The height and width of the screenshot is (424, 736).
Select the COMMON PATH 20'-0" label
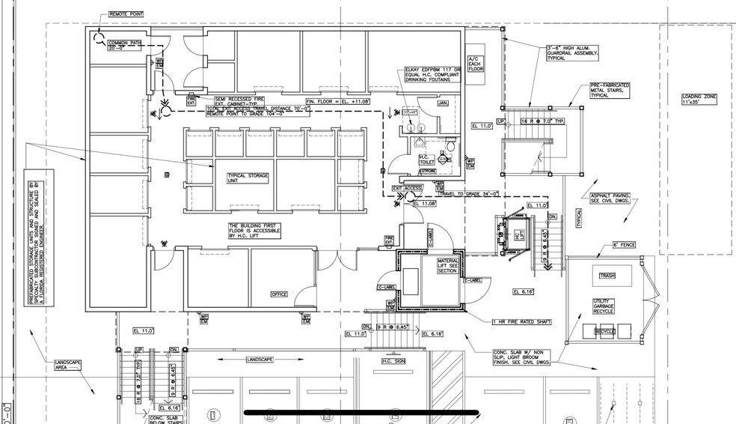(124, 45)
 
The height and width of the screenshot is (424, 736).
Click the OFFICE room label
(279, 294)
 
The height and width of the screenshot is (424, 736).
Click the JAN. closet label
(443, 103)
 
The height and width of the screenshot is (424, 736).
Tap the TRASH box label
(607, 276)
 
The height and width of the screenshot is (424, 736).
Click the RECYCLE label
(604, 331)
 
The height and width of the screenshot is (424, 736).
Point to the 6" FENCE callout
(624, 245)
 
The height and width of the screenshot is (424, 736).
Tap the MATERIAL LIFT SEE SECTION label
(451, 266)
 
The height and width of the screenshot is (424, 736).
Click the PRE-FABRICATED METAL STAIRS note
(610, 91)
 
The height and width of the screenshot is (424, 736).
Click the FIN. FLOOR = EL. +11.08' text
(339, 100)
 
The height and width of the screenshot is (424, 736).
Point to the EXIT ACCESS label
(408, 187)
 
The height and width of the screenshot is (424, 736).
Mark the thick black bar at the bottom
(362, 412)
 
